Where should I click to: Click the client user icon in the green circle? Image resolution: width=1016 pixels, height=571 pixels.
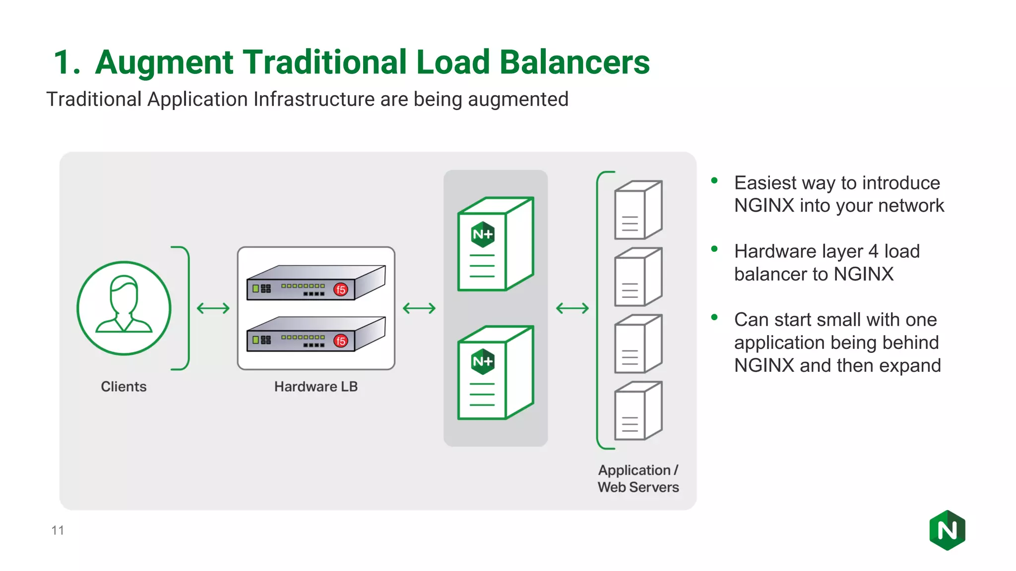[124, 308]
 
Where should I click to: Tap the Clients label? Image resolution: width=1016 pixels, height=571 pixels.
[124, 387]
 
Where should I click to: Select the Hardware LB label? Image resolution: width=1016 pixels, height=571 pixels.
[316, 387]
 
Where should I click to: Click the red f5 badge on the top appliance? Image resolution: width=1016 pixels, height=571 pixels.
[341, 289]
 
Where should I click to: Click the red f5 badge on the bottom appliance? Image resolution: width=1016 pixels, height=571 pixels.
[341, 341]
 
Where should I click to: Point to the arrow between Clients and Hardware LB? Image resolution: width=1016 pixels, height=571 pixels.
[213, 308]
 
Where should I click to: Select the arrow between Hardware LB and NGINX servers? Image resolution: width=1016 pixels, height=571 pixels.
[419, 308]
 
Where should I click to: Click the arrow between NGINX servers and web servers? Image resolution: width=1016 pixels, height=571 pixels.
[572, 308]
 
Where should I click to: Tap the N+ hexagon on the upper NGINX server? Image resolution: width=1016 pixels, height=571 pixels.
[483, 234]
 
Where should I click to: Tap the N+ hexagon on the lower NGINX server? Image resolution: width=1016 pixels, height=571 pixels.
[483, 361]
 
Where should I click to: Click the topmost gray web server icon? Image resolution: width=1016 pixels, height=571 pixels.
[638, 210]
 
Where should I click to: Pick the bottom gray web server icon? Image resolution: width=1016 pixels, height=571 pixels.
[638, 411]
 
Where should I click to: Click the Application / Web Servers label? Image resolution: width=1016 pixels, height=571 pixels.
[638, 478]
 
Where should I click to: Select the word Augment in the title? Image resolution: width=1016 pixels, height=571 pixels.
[164, 63]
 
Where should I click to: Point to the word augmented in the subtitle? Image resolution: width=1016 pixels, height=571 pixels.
[518, 100]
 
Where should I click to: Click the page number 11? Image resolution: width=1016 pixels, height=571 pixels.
[58, 530]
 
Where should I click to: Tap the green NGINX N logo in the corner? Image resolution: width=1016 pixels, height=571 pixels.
[947, 530]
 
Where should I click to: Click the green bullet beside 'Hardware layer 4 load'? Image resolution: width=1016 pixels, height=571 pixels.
[714, 249]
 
